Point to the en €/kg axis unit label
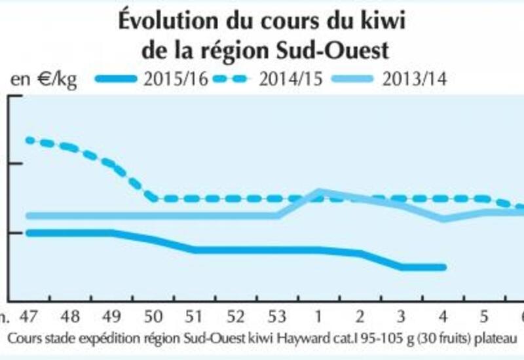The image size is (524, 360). [x=43, y=81]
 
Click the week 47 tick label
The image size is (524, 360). [x=28, y=317]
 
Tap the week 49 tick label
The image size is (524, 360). [x=111, y=317]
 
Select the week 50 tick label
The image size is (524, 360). [x=153, y=317]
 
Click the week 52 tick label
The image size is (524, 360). [x=235, y=317]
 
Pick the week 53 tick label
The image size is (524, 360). [x=276, y=317]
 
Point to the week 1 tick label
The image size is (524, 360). [x=318, y=317]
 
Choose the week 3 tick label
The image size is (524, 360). [x=402, y=317]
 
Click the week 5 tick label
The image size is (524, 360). [x=484, y=317]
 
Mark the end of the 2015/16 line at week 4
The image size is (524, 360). [x=443, y=267]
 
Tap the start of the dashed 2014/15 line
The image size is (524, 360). [x=28, y=139]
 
